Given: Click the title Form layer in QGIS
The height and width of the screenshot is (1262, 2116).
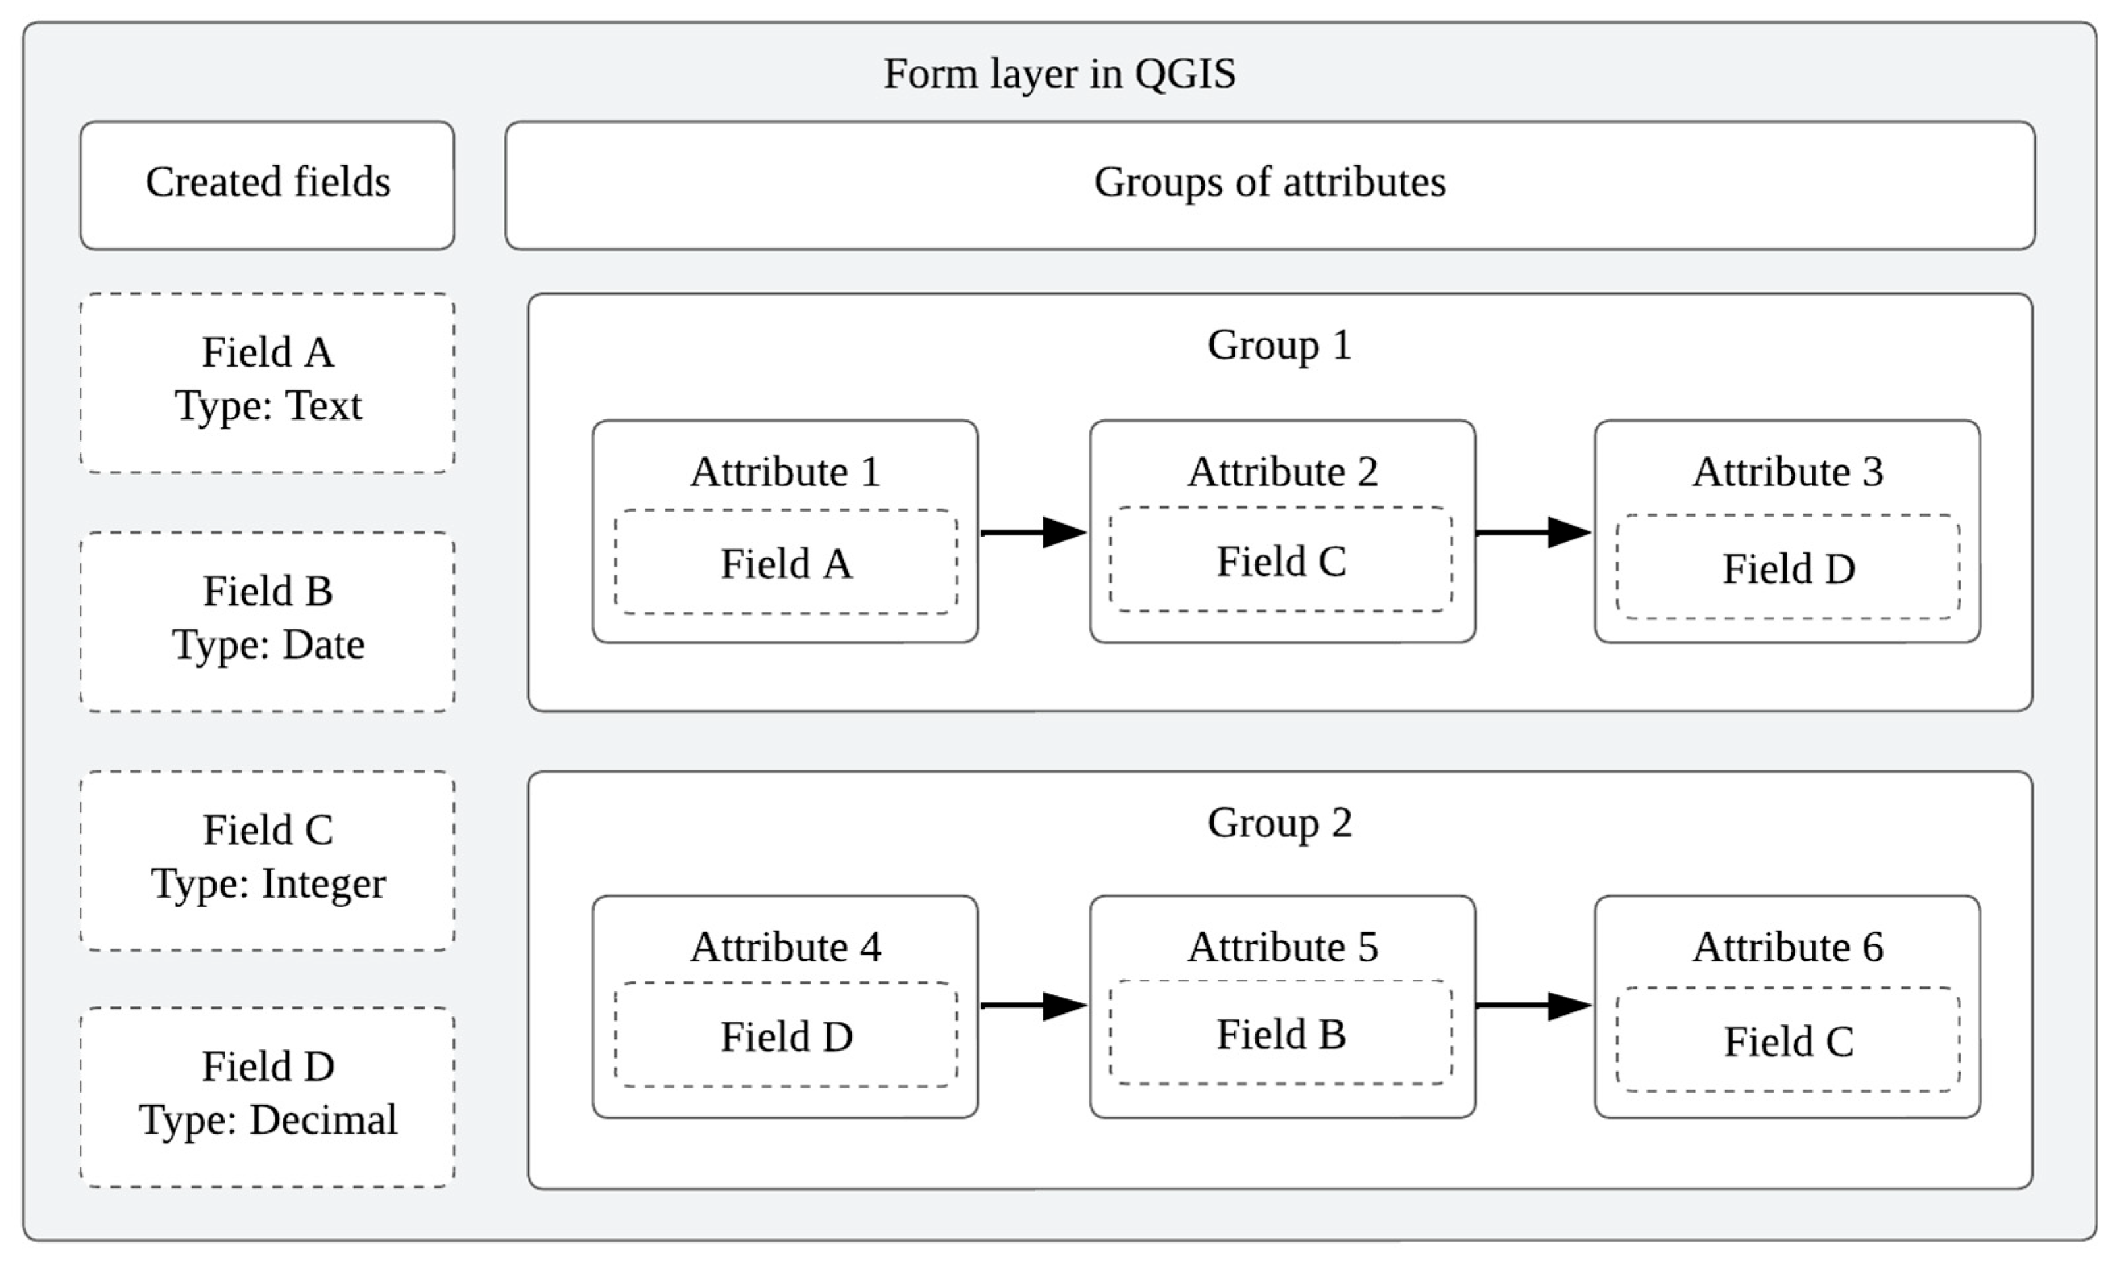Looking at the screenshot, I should click(1059, 73).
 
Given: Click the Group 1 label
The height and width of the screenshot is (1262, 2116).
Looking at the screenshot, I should click(1279, 345).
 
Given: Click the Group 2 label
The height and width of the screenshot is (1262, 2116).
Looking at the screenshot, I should click(1279, 822).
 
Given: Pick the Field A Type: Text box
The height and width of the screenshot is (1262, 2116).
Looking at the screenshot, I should click(267, 382).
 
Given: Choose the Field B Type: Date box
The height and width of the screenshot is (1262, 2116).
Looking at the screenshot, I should click(267, 621).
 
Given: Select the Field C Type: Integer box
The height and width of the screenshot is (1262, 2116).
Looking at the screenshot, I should click(267, 860).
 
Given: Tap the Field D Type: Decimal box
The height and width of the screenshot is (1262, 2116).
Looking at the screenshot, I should click(267, 1096).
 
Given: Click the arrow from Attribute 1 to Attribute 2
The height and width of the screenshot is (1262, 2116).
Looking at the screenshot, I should click(1033, 533).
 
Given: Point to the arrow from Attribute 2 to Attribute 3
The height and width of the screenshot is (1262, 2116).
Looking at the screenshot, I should click(1533, 533).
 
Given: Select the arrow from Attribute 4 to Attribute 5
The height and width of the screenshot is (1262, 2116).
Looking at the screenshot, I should click(1033, 1005).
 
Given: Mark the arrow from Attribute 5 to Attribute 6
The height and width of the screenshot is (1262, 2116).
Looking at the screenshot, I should click(1533, 1005).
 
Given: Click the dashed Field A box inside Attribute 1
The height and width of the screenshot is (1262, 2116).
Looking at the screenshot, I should click(786, 563).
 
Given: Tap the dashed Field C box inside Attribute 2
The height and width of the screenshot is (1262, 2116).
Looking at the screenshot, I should click(1281, 560).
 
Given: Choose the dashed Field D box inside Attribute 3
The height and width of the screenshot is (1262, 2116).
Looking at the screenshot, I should click(1788, 568).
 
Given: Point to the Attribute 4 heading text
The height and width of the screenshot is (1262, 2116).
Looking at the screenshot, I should click(785, 947).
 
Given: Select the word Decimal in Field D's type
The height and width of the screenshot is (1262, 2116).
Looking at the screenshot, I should click(323, 1120).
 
